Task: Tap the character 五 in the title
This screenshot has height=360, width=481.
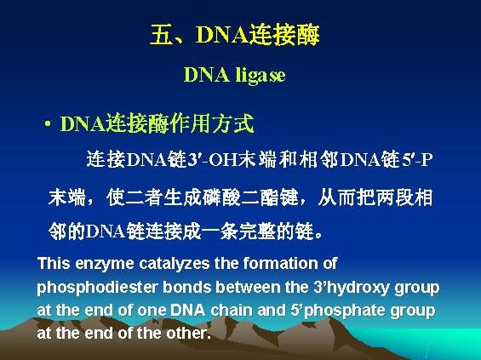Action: [x=160, y=36]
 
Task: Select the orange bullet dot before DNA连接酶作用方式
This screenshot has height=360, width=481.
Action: [x=52, y=127]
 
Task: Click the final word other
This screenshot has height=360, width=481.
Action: [x=186, y=333]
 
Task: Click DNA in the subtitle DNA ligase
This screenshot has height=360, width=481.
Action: [x=201, y=75]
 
